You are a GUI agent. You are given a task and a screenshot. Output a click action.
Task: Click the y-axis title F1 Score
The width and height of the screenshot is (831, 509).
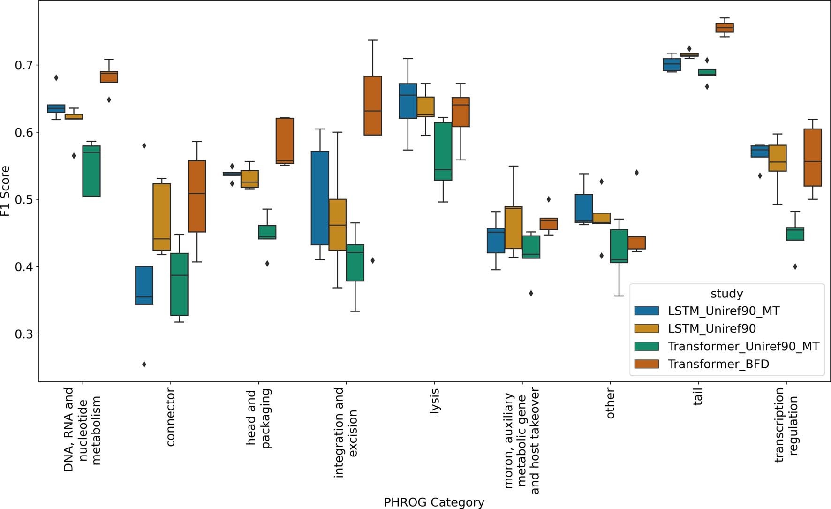point(6,191)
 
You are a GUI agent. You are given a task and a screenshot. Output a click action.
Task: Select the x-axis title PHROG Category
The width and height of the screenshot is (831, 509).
point(434,502)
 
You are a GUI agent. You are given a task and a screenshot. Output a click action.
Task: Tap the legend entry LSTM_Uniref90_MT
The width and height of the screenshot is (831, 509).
point(723,311)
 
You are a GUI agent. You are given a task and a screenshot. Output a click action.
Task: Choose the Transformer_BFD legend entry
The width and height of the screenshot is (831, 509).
point(718,364)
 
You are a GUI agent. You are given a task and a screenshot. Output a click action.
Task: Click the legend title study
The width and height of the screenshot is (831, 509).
point(726,294)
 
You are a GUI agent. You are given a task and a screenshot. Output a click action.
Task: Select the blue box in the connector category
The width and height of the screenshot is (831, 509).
point(144,285)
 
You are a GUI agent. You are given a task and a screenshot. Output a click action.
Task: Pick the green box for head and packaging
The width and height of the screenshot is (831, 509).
point(267,232)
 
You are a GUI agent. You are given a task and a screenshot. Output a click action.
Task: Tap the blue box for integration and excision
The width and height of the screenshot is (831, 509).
point(320,198)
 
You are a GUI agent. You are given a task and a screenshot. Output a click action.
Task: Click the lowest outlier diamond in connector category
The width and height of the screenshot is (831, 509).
point(144,365)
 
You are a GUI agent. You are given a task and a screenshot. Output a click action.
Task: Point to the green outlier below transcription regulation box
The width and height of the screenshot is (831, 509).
point(795,267)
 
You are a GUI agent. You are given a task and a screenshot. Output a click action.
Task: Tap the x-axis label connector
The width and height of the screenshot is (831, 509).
point(170,417)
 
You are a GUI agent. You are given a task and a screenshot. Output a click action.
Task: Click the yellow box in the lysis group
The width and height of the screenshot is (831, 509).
point(425,106)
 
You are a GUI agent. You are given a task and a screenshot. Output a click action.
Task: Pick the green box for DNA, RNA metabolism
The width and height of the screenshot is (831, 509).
point(91,171)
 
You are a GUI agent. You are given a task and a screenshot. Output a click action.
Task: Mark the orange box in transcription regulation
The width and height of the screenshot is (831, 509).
point(812,158)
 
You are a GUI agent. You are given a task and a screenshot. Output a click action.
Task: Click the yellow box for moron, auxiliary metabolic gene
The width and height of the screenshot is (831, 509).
point(514,227)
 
